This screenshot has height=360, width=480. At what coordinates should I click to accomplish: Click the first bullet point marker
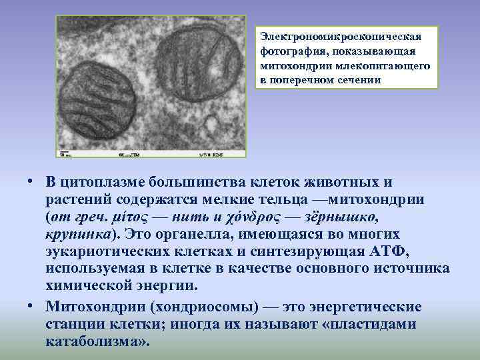(31, 183)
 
